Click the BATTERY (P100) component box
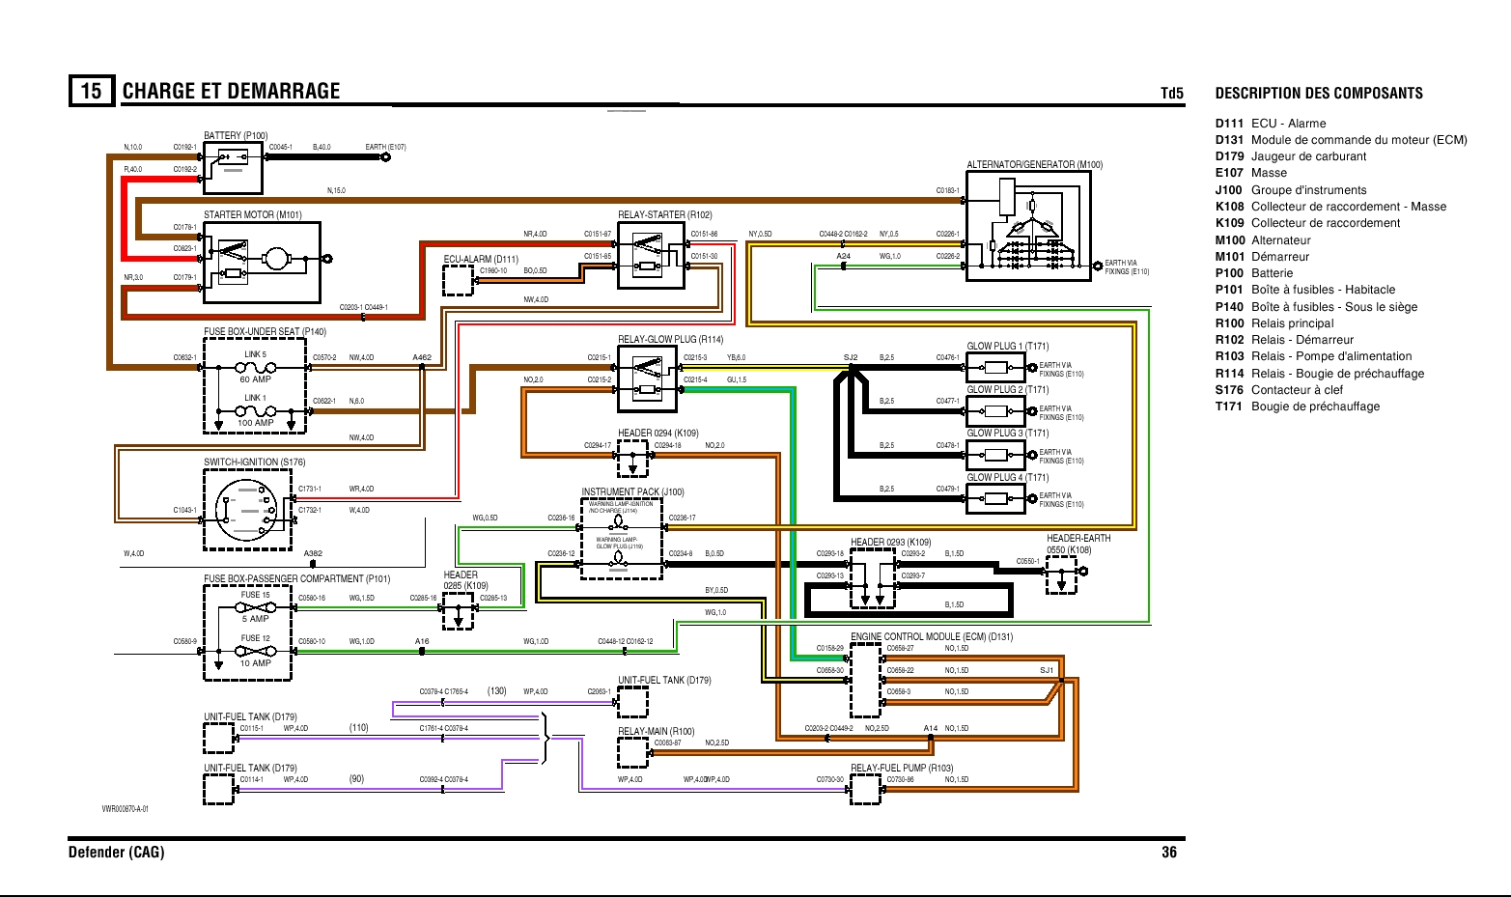(233, 168)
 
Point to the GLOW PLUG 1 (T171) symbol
(995, 368)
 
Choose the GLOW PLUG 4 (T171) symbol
(995, 499)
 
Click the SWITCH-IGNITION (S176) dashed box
(247, 510)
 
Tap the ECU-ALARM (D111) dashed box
(458, 280)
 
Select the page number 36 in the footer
(1169, 853)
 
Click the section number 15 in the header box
(91, 91)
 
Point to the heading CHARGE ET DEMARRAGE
(231, 92)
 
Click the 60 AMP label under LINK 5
(255, 379)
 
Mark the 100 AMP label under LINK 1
(255, 423)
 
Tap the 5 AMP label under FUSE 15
(255, 619)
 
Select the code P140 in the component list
(1229, 307)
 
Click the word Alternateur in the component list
(1281, 240)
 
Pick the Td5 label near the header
(1171, 94)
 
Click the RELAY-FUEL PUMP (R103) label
(902, 769)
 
